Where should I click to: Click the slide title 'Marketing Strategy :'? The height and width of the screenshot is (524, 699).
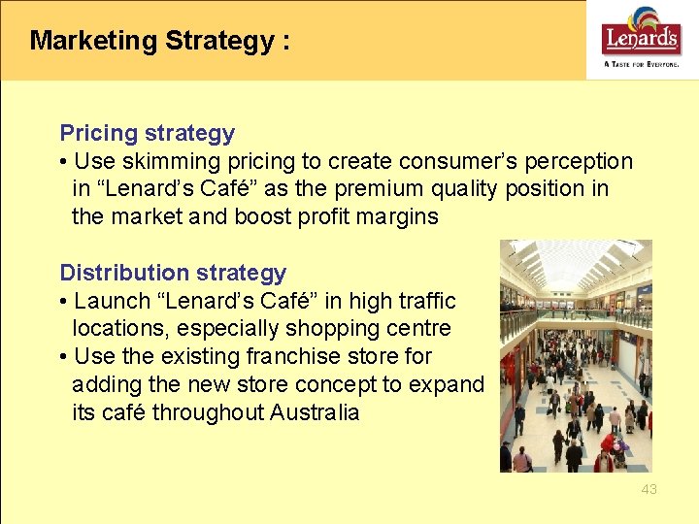coord(160,41)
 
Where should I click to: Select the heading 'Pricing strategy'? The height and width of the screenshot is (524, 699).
coord(148,133)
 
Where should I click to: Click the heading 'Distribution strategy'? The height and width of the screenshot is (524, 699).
coord(173,273)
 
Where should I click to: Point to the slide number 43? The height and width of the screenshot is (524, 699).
coord(649,489)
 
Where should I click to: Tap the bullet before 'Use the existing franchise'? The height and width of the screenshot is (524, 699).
coord(64,356)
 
